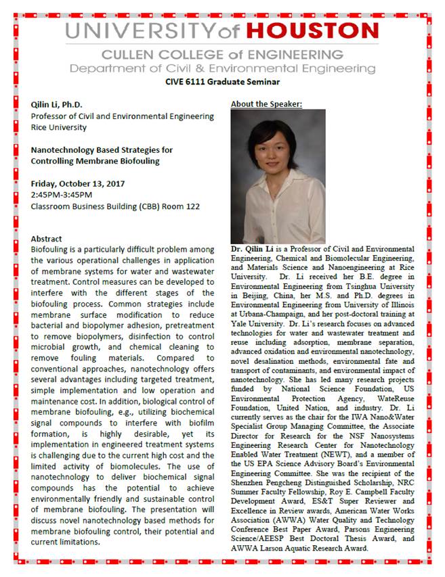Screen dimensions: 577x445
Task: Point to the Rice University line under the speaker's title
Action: [58, 127]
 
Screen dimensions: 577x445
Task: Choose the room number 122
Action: [190, 206]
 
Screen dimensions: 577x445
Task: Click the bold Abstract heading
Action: [46, 239]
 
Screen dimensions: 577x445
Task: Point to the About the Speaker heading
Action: [266, 103]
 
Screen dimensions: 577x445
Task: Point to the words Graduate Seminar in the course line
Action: [247, 82]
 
